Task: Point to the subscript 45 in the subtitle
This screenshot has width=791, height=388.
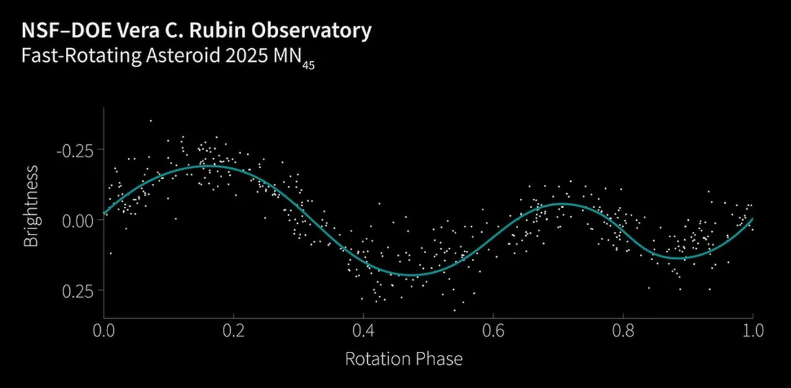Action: (308, 65)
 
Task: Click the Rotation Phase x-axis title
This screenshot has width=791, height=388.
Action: (404, 359)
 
